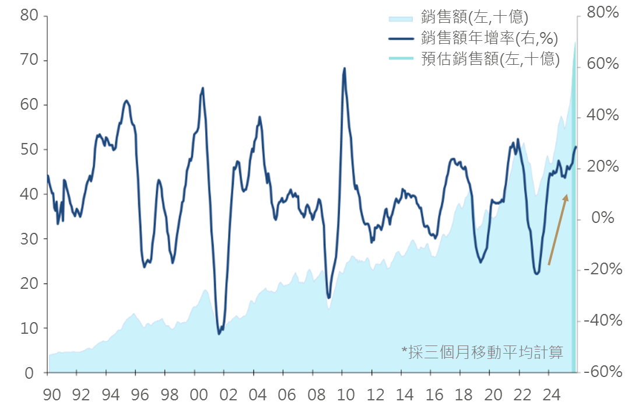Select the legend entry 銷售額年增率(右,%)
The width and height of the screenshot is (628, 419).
coord(489,39)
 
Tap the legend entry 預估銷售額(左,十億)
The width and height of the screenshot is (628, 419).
coord(490,59)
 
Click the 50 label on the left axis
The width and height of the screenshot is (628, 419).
coord(29,149)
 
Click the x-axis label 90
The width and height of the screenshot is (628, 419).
coord(52,395)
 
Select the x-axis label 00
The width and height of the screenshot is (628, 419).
coord(199,395)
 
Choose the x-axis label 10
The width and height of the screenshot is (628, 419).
coord(346,395)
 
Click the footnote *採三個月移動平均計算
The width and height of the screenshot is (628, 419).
coord(482,352)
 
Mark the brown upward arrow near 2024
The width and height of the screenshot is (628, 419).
coord(557,230)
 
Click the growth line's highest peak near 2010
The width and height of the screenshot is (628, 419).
coord(344,68)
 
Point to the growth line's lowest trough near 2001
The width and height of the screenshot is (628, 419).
coord(219,334)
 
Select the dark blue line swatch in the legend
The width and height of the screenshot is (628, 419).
coord(402,39)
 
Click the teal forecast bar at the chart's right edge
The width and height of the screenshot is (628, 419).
coord(574,233)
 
